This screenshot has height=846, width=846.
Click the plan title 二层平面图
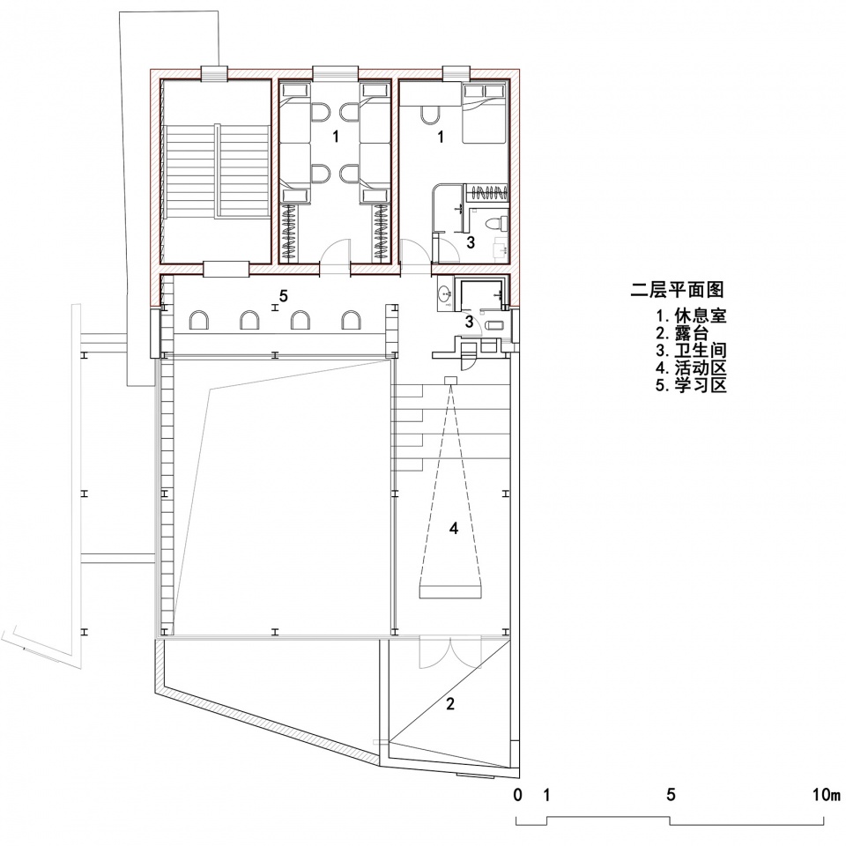point(677,290)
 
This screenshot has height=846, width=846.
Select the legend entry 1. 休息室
point(691,315)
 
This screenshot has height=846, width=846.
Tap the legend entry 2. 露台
point(682,333)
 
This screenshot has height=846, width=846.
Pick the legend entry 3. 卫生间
point(691,350)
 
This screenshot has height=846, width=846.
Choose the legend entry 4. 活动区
point(691,368)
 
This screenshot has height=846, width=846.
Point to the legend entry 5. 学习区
point(691,386)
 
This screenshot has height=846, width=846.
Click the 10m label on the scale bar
point(827,795)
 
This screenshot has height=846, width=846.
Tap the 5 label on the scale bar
point(671,795)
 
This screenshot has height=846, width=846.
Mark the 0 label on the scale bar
point(518,795)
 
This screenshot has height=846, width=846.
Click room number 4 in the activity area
point(454,528)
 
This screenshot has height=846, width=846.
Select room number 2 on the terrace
point(450,703)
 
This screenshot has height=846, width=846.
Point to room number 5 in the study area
point(283,296)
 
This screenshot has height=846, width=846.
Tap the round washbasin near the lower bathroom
point(445,294)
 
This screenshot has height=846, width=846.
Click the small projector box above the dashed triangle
point(450,380)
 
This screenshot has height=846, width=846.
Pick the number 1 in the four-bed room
point(336,137)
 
